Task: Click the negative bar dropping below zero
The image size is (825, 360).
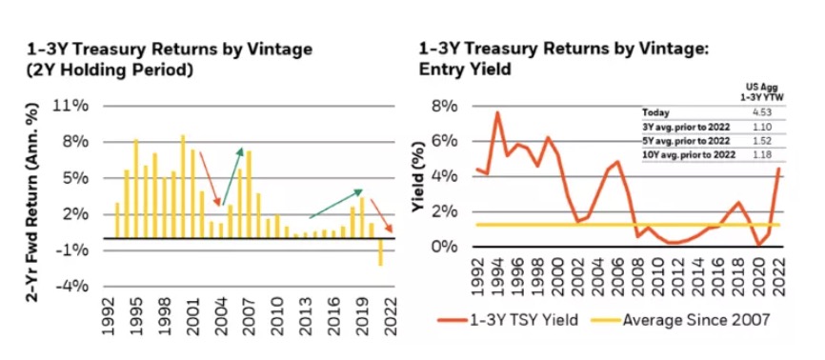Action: pyautogui.click(x=381, y=251)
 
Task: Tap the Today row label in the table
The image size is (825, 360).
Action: pyautogui.click(x=657, y=112)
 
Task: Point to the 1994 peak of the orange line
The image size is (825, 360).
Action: pyautogui.click(x=497, y=113)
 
